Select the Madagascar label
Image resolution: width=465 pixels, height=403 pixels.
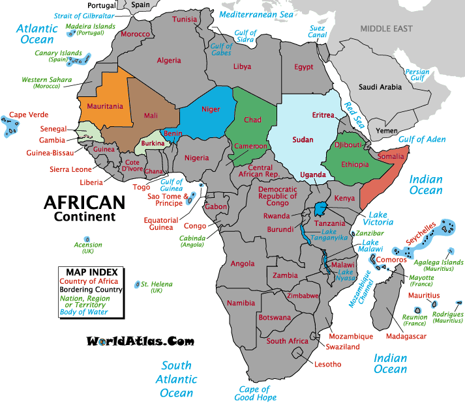406,336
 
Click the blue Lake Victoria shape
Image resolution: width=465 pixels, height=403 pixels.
320,208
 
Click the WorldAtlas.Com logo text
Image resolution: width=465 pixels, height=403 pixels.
140,340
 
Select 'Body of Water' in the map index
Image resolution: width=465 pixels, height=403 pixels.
83,312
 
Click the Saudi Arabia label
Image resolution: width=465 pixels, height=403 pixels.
381,87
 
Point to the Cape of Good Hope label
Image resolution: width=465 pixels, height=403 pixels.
256,393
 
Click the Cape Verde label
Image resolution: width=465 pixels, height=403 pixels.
29,114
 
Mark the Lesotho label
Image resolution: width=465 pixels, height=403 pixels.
327,364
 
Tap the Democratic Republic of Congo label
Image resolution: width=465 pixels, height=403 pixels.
278,196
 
